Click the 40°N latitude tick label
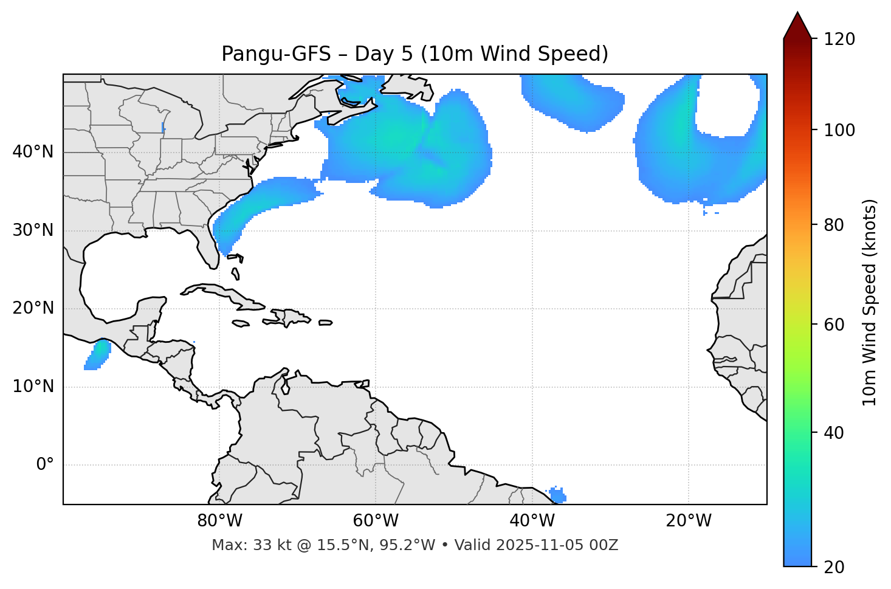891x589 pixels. (x=33, y=152)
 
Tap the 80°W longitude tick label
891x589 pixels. (x=219, y=521)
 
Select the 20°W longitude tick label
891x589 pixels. (x=689, y=521)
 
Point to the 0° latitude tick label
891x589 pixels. (x=45, y=465)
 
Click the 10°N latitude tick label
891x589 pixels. (x=33, y=387)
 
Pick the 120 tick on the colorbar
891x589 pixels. (x=839, y=39)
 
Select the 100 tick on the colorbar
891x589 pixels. (x=839, y=130)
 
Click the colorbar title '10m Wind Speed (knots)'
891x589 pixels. (x=870, y=302)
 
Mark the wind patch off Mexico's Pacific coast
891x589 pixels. (x=98, y=354)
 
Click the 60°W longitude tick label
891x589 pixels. (x=376, y=521)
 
